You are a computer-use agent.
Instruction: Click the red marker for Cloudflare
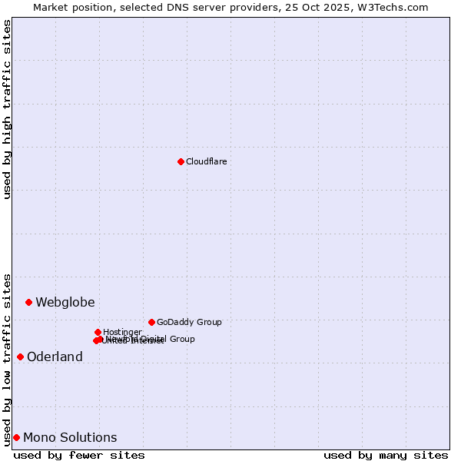181,161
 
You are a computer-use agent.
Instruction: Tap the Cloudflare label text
206,161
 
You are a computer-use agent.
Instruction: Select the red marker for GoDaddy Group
151,322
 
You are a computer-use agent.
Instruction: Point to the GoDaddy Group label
189,322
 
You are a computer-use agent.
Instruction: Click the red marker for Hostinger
98,332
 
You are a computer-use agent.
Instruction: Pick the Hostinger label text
122,332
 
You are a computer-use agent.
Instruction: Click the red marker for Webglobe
28,302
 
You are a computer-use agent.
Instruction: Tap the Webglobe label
65,302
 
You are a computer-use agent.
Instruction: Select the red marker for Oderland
20,357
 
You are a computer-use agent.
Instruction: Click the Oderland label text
55,357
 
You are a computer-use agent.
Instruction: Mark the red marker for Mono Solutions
16,437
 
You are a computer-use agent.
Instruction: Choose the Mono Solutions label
70,437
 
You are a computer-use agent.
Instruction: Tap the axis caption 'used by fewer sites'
79,455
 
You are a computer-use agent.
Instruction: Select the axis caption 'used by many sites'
386,455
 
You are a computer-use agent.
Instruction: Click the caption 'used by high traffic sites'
7,109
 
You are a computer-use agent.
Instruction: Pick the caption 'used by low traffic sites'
7,359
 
